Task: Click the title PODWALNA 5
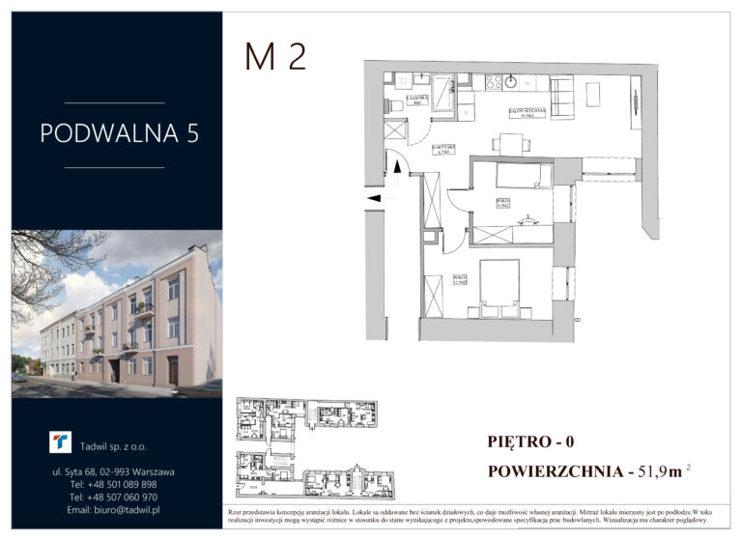[120, 133]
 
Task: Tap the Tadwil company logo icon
[60, 442]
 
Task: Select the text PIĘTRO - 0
[531, 443]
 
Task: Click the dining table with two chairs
[510, 144]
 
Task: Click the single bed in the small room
[524, 175]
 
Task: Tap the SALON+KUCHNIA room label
[528, 112]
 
